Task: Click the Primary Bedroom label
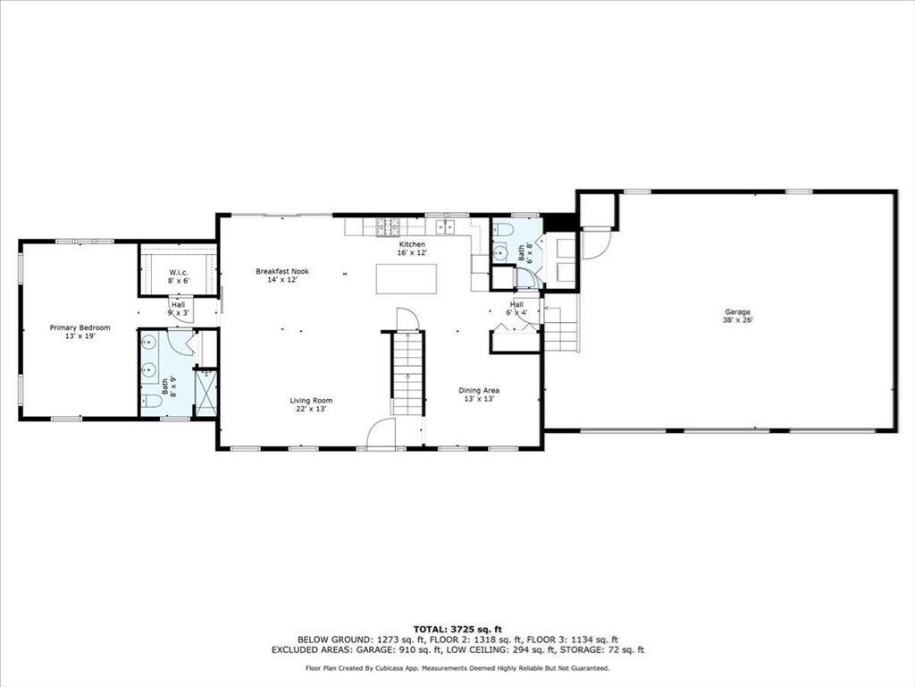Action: click(80, 332)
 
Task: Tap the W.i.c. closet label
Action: click(179, 276)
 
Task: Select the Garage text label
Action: click(737, 316)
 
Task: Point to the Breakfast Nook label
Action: click(282, 276)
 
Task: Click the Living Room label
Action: click(311, 404)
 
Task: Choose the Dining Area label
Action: click(479, 394)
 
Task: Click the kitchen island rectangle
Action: click(407, 279)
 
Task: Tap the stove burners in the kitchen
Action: click(388, 226)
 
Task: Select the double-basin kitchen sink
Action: click(444, 226)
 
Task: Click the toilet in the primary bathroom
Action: click(151, 401)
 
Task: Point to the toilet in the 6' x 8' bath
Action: click(502, 230)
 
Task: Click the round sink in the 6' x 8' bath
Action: click(500, 252)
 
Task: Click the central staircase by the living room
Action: click(407, 372)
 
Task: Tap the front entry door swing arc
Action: click(381, 434)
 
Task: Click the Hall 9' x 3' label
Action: click(178, 309)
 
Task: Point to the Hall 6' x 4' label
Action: click(516, 308)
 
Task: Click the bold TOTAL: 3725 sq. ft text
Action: click(457, 629)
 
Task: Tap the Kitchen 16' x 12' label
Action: click(412, 249)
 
